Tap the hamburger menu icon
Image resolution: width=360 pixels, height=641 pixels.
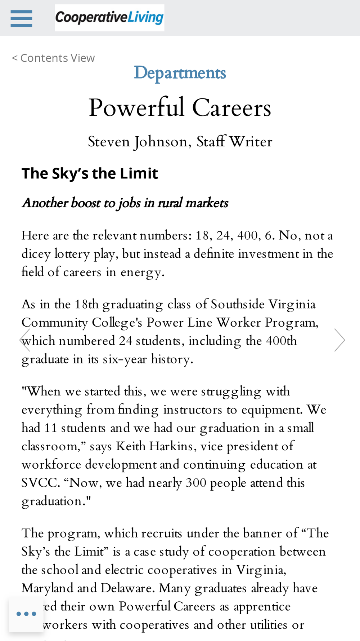[22, 18]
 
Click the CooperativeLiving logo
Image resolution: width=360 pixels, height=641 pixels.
[109, 18]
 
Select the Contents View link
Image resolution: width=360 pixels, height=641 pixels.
[54, 58]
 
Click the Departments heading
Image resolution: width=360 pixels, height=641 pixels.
[180, 73]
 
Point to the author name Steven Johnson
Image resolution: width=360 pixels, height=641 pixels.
[139, 142]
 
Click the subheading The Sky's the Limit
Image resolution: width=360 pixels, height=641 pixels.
[90, 173]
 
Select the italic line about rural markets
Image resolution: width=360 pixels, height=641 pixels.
[125, 203]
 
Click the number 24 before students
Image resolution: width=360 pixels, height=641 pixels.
[126, 341]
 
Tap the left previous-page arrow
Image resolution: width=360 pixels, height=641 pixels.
[24, 340]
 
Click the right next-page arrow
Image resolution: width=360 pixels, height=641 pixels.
[339, 340]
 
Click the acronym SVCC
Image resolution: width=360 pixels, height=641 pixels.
[40, 483]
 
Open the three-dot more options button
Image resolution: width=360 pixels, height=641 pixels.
[26, 614]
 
